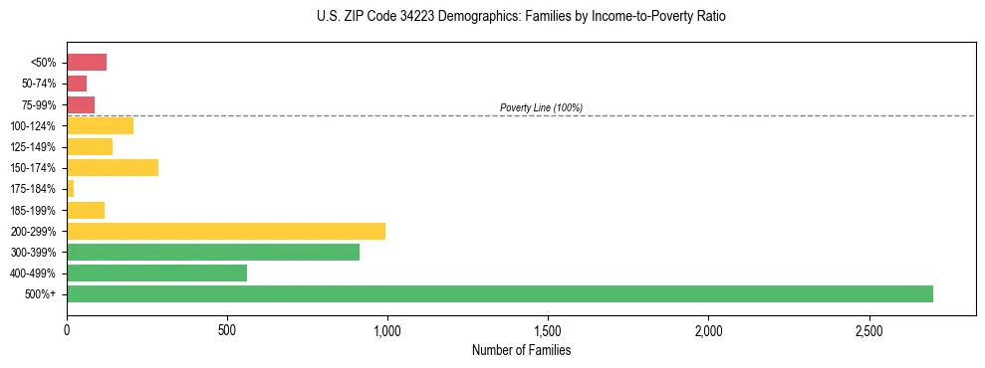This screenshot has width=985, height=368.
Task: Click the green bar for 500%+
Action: click(499, 294)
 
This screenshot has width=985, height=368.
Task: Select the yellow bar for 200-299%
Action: click(226, 231)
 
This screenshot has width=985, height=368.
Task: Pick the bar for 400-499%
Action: click(156, 274)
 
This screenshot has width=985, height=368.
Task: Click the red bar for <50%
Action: click(87, 63)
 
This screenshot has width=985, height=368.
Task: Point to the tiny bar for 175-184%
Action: click(70, 189)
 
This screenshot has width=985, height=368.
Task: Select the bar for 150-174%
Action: click(113, 168)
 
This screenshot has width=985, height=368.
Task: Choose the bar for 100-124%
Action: click(100, 126)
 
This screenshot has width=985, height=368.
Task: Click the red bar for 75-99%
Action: click(81, 104)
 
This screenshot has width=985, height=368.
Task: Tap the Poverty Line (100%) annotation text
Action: click(541, 107)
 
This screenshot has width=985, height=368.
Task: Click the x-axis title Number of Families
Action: click(521, 350)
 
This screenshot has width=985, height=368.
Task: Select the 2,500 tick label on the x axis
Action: click(868, 329)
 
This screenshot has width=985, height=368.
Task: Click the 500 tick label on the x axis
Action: click(227, 329)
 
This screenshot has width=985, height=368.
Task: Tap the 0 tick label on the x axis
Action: click(67, 329)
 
